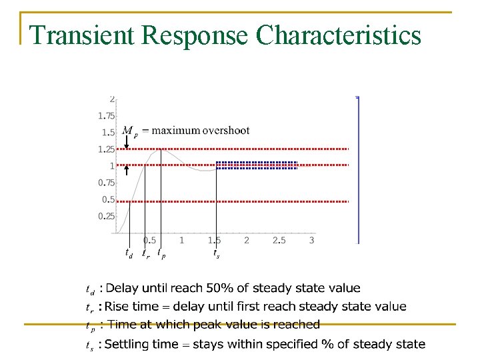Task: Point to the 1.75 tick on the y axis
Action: click(x=106, y=115)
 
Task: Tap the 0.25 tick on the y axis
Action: click(x=106, y=216)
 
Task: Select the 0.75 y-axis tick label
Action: click(x=106, y=182)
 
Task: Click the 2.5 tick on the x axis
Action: click(x=279, y=240)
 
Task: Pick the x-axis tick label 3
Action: click(x=311, y=240)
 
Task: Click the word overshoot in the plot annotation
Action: click(x=225, y=131)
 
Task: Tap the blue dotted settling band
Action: click(x=257, y=165)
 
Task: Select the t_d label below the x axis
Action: click(x=129, y=253)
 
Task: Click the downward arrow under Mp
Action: click(x=127, y=141)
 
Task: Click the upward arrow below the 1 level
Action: click(x=127, y=171)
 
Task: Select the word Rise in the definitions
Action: click(x=119, y=307)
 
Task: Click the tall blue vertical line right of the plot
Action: click(x=359, y=170)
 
